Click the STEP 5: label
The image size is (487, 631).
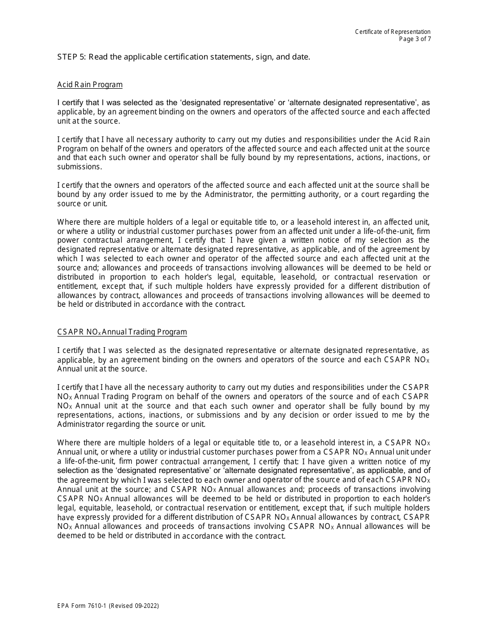click(x=72, y=57)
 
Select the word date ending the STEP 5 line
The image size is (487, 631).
click(x=301, y=57)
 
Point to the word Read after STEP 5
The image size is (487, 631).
click(x=98, y=57)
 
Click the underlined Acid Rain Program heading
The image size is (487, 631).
click(x=90, y=85)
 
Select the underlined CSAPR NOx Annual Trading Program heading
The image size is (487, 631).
click(x=122, y=332)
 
